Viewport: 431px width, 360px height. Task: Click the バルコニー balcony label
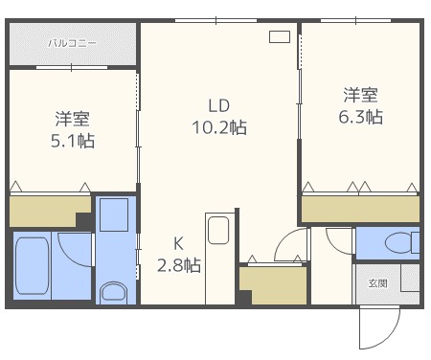(x=72, y=43)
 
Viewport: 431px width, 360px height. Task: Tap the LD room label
(x=219, y=105)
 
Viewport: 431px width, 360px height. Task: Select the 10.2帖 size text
(x=219, y=127)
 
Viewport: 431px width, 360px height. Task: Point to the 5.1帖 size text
(x=73, y=141)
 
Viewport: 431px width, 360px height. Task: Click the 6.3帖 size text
(x=361, y=117)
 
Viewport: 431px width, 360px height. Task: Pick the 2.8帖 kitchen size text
(x=179, y=265)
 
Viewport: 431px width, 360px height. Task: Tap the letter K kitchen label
(x=178, y=244)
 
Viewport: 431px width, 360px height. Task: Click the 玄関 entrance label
(x=378, y=283)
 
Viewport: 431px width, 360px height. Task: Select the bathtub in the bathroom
(x=33, y=265)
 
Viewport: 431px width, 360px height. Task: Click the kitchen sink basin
(x=218, y=230)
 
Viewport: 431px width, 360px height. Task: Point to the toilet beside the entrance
(x=402, y=242)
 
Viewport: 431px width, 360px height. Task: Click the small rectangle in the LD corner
(x=280, y=36)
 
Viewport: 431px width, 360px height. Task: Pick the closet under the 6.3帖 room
(x=360, y=209)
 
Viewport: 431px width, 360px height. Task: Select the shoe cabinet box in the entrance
(x=410, y=278)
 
